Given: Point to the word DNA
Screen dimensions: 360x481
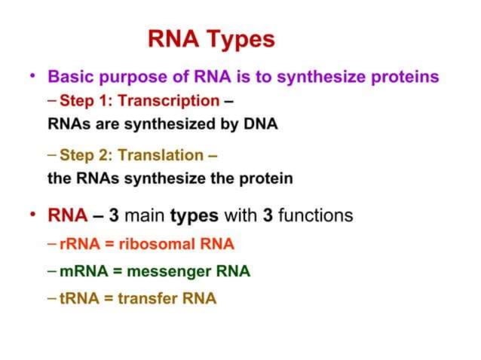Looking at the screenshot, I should (x=259, y=124).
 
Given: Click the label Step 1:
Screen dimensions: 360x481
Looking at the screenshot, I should (x=84, y=100).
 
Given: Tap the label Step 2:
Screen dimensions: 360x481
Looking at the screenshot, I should (x=84, y=156).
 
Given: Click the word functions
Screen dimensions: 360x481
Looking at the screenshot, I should (x=315, y=216).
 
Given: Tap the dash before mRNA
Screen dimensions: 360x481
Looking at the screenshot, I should (x=51, y=270).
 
